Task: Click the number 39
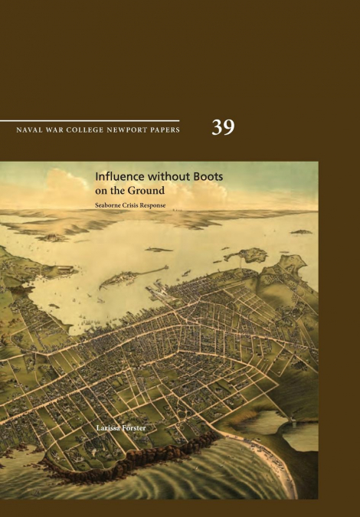[223, 128]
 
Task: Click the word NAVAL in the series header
[28, 129]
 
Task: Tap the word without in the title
[168, 176]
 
